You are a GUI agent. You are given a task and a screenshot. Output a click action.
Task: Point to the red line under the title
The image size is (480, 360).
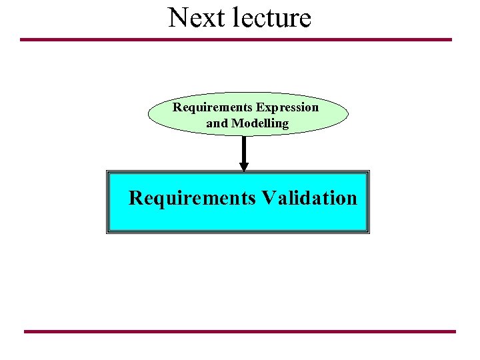click(x=236, y=39)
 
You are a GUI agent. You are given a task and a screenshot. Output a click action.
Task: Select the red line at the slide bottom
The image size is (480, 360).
click(x=240, y=331)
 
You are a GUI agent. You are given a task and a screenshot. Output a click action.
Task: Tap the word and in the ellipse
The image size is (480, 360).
click(x=217, y=123)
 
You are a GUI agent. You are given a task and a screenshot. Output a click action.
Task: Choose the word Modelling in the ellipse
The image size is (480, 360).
click(x=260, y=123)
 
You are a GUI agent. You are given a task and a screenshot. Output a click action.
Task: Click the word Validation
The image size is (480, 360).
click(x=309, y=198)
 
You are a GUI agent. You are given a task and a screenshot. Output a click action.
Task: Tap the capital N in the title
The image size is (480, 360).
click(x=177, y=17)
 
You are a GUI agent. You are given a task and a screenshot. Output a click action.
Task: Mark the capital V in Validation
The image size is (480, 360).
click(x=268, y=198)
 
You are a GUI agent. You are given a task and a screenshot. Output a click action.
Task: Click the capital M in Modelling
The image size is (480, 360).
click(x=237, y=123)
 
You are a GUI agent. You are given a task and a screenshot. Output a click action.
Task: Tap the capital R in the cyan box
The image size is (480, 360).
click(x=135, y=198)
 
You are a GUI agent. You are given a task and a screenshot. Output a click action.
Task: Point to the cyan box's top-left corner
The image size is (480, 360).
click(x=107, y=171)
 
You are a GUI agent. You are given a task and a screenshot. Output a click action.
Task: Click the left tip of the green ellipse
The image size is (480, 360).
click(x=148, y=114)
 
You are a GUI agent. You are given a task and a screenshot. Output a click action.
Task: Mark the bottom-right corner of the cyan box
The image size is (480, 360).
click(x=368, y=232)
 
